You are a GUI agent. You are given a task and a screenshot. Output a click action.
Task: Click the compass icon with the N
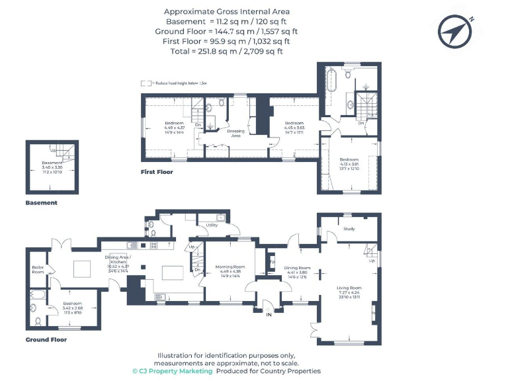(x=456, y=29)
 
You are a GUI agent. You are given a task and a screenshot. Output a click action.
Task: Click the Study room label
(x=349, y=229)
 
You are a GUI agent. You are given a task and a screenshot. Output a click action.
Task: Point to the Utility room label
(x=212, y=226)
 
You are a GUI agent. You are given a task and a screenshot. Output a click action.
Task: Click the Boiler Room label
(x=38, y=269)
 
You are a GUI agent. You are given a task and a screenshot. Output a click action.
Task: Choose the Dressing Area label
(x=236, y=133)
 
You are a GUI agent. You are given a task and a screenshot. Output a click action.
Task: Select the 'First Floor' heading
(x=157, y=172)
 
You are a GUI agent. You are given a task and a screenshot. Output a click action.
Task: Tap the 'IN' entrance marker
(x=269, y=316)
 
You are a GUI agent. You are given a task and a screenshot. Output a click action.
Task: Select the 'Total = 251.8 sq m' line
(x=226, y=51)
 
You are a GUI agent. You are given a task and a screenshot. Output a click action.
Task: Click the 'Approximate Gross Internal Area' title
(x=226, y=11)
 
